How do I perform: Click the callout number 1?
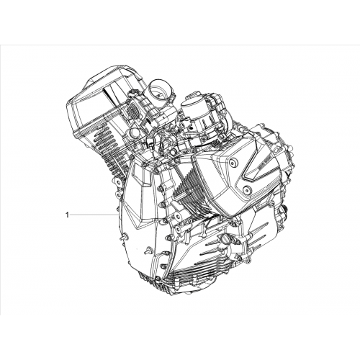68,215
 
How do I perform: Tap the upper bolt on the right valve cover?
232,163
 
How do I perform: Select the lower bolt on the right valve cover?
247,190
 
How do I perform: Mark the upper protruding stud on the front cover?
125,237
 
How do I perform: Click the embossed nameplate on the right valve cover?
264,163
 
